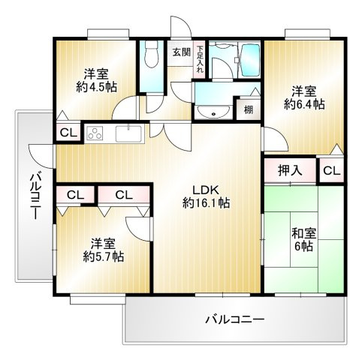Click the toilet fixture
click(150, 55)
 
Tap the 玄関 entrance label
click(180, 52)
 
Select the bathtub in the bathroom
click(247, 60)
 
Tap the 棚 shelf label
click(248, 109)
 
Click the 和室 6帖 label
click(303, 238)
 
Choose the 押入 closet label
click(290, 170)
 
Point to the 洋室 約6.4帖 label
click(304, 97)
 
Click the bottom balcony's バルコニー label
click(235, 319)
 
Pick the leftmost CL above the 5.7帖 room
click(74, 195)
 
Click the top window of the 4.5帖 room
click(108, 33)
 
